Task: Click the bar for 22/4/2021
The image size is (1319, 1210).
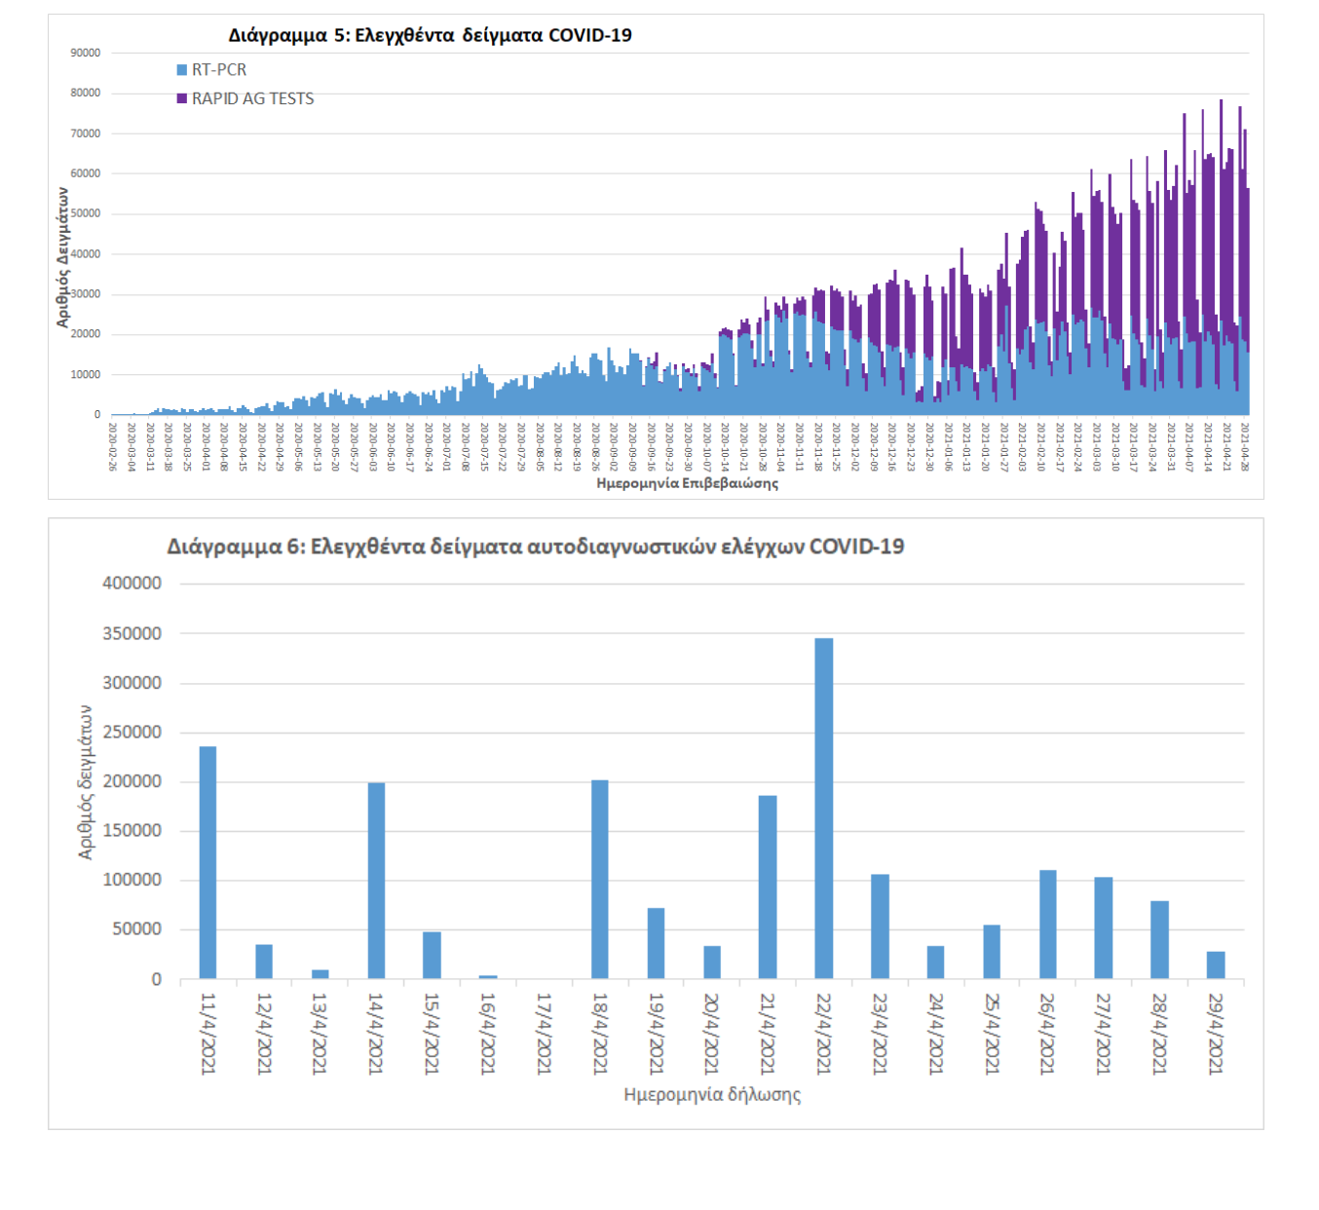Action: coord(823,808)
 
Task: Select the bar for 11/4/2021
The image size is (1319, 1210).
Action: coord(207,862)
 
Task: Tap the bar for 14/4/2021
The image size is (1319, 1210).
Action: coord(376,881)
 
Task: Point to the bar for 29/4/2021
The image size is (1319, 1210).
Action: coord(1215,964)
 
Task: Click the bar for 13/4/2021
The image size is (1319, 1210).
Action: coord(320,974)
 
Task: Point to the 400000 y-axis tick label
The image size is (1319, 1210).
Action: coord(132,584)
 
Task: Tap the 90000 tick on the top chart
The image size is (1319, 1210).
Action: coord(86,53)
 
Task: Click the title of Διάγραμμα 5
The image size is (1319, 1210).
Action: coord(430,35)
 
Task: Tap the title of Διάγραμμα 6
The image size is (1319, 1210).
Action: coord(535,547)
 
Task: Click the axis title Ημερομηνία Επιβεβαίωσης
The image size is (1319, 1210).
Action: coord(687,483)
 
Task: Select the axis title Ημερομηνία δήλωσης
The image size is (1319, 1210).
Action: coord(712,1095)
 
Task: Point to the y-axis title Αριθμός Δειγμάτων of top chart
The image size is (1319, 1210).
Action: coord(63,256)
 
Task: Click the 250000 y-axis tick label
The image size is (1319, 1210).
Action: coord(132,733)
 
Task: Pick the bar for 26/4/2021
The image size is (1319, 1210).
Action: coord(1047,924)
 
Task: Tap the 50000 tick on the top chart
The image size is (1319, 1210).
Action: coord(86,213)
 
